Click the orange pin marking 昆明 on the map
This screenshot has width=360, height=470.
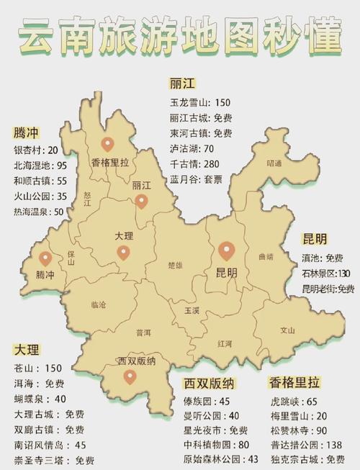(x=228, y=250)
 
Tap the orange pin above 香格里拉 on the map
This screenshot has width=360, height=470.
(x=109, y=145)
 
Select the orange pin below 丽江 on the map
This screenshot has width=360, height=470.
(x=141, y=200)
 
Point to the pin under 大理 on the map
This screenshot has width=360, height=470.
(x=124, y=253)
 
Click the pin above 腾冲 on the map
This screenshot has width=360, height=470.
(x=45, y=259)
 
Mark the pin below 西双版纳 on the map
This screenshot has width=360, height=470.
(x=130, y=376)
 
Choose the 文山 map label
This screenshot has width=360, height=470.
(x=287, y=330)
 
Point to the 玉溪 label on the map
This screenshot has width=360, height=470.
(x=192, y=312)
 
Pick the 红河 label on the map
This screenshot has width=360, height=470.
(x=224, y=344)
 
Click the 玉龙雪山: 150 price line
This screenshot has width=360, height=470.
(x=199, y=102)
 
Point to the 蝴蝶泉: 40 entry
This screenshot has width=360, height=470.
(x=40, y=399)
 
